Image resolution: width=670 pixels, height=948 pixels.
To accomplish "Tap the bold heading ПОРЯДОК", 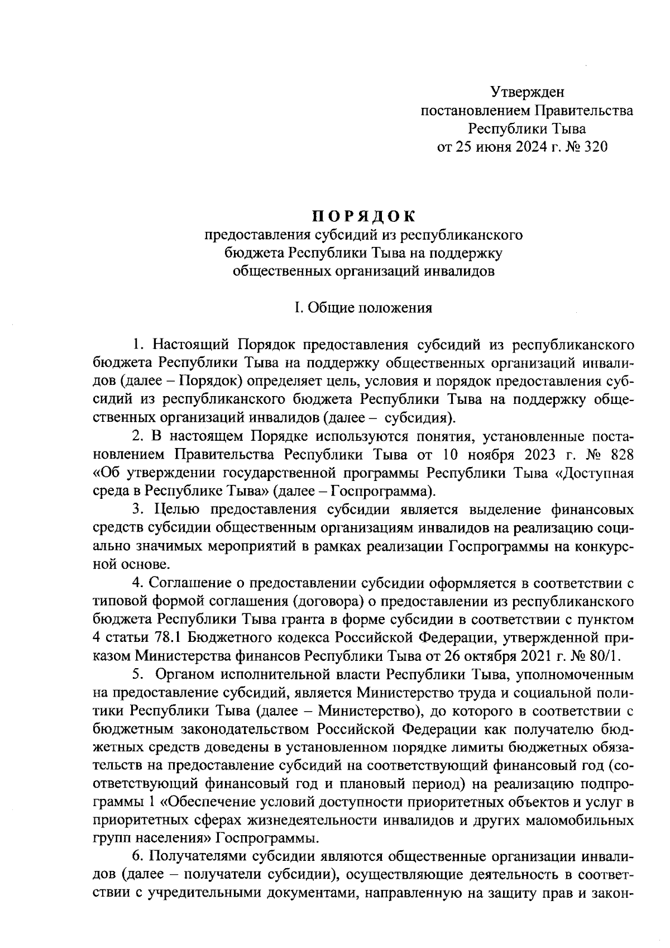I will point(363,216).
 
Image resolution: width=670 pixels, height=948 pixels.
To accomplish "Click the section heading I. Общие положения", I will point(363,308).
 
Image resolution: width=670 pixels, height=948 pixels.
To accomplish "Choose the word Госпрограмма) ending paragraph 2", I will point(382,492).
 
